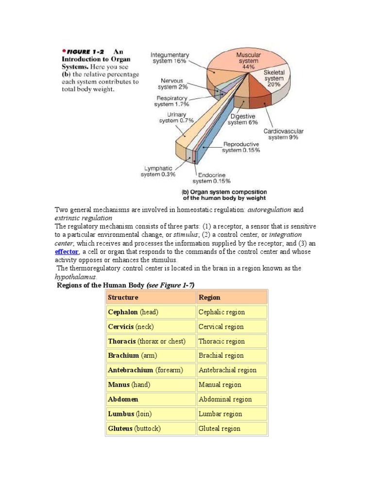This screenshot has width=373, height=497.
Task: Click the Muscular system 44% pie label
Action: pyautogui.click(x=248, y=61)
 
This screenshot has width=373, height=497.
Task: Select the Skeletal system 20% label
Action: pyautogui.click(x=273, y=78)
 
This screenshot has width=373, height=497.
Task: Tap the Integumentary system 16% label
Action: pyautogui.click(x=170, y=58)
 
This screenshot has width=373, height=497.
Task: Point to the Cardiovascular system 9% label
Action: pyautogui.click(x=283, y=134)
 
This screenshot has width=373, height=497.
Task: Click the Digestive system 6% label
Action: pyautogui.click(x=243, y=119)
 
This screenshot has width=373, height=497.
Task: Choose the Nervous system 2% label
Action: pyautogui.click(x=173, y=84)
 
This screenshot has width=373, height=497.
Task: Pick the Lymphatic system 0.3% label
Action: pyautogui.click(x=158, y=171)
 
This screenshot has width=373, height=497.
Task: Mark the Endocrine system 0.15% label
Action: pyautogui.click(x=209, y=178)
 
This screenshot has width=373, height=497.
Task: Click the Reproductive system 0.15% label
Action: pyautogui.click(x=241, y=147)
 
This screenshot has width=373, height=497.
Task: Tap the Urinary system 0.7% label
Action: pyautogui.click(x=176, y=117)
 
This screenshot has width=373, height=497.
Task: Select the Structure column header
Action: pyautogui.click(x=123, y=298)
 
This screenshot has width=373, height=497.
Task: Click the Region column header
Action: pyautogui.click(x=209, y=298)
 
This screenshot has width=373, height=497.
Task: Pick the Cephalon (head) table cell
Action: pyautogui.click(x=133, y=312)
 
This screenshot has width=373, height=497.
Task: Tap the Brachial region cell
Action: pyautogui.click(x=221, y=355)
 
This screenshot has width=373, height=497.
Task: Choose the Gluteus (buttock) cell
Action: pyautogui.click(x=134, y=429)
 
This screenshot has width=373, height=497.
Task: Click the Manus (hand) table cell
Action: pyautogui.click(x=129, y=384)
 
